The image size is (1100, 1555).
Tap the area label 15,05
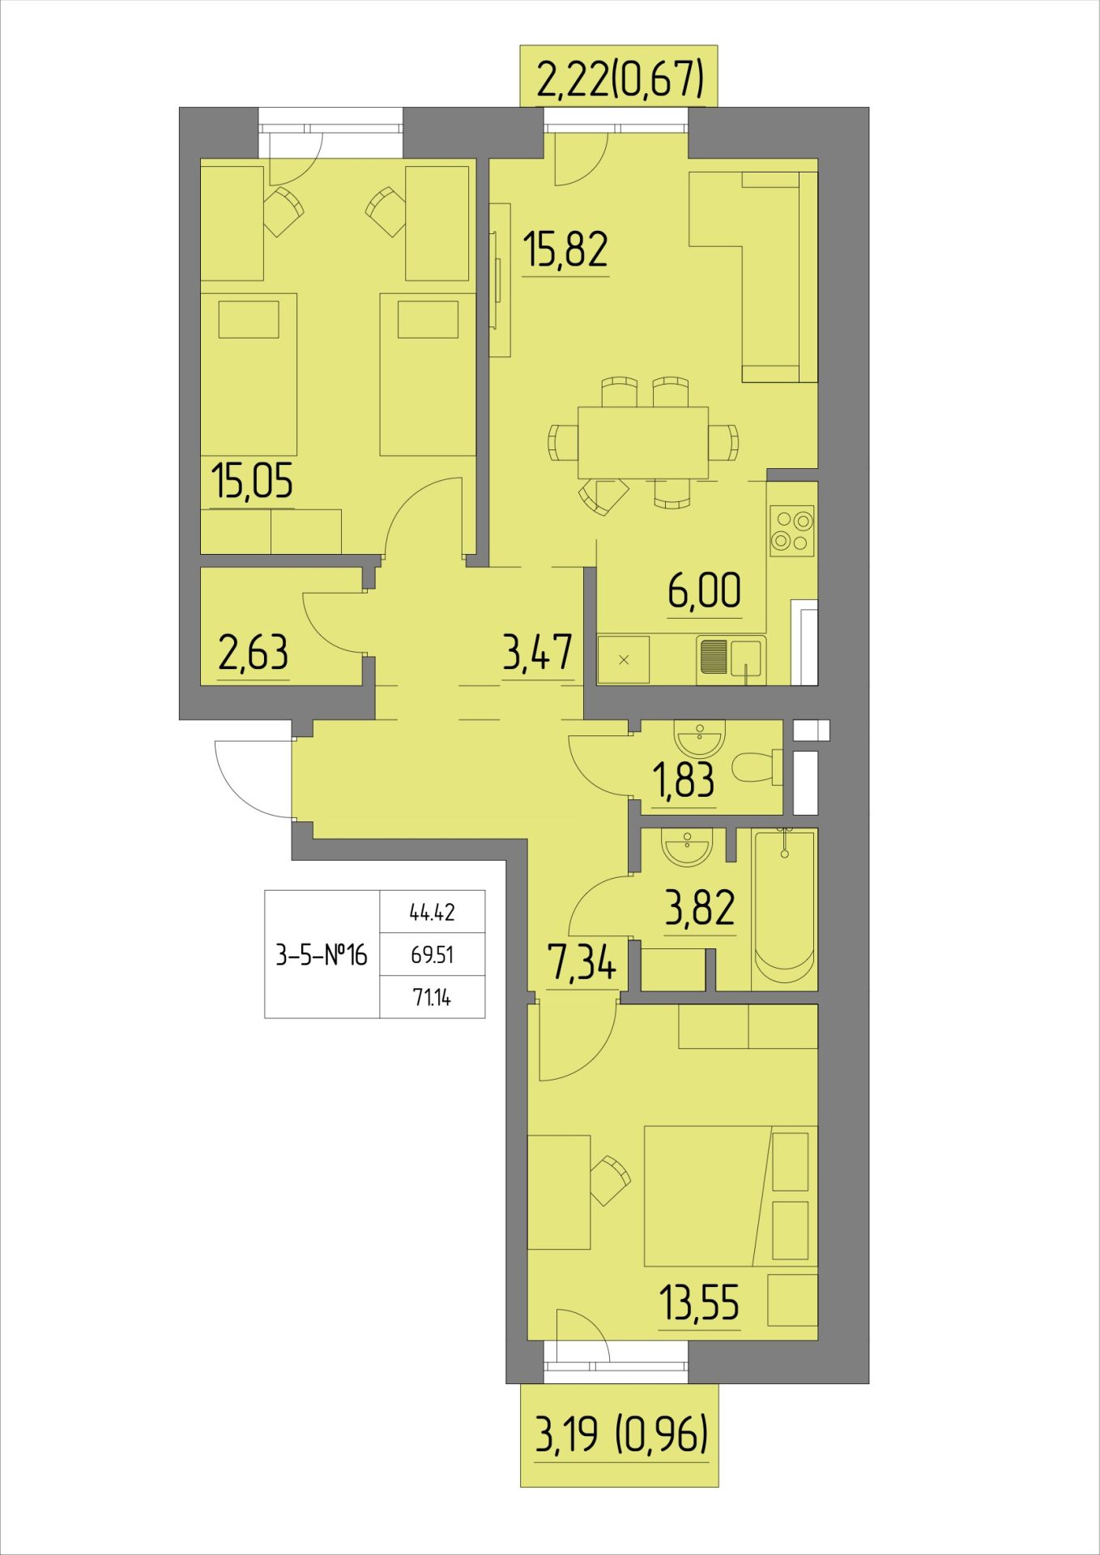click(x=251, y=481)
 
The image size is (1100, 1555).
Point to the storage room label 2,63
click(x=254, y=653)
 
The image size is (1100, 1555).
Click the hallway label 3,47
click(x=538, y=653)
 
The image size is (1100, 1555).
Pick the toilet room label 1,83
click(x=684, y=780)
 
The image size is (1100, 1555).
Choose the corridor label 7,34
click(x=581, y=965)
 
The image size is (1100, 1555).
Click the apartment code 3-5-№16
click(x=322, y=956)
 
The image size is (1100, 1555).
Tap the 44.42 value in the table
click(x=433, y=913)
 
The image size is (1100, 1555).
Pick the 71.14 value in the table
click(x=433, y=998)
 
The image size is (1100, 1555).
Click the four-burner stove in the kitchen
click(x=792, y=530)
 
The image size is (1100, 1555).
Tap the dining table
click(x=642, y=442)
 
